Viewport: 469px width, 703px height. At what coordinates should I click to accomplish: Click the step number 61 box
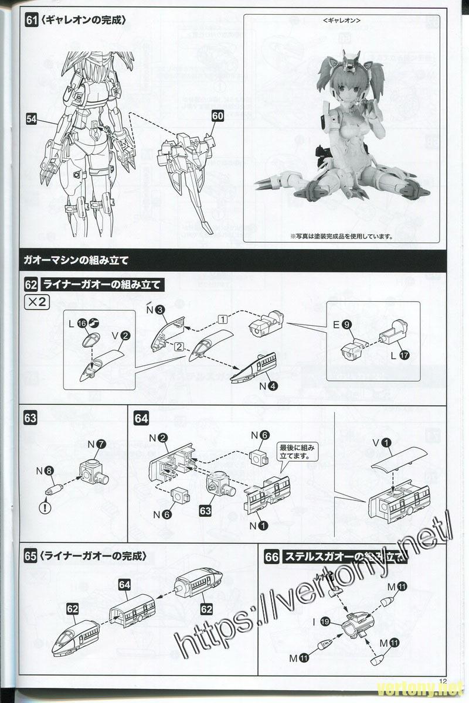point(32,19)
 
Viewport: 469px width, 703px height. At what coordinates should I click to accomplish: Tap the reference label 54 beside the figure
point(32,118)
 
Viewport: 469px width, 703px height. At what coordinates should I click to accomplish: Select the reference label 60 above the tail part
point(217,116)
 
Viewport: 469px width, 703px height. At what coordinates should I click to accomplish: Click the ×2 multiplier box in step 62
point(36,302)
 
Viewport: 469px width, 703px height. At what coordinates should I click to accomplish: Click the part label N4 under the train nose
point(269,385)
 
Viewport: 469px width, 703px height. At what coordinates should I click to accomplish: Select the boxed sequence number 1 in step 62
point(222,319)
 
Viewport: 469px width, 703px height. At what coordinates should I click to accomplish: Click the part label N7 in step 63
point(97,444)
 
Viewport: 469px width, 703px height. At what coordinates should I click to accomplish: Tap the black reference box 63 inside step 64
point(206,511)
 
